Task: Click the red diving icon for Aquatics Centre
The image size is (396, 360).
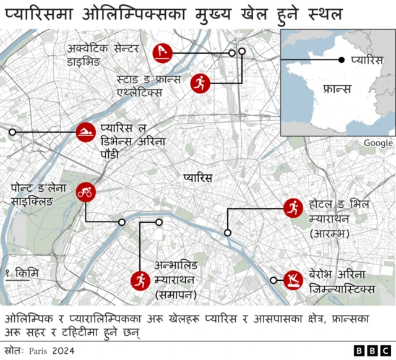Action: tap(161, 53)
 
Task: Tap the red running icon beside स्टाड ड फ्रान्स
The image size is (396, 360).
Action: tap(199, 82)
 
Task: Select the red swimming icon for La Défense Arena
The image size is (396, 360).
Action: tap(86, 132)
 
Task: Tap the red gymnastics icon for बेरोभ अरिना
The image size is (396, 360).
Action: tap(292, 280)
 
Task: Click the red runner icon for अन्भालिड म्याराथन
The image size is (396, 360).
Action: tap(140, 280)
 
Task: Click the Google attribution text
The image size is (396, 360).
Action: tap(377, 143)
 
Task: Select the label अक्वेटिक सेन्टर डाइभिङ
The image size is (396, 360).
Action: tap(103, 55)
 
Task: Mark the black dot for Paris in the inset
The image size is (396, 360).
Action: tap(341, 60)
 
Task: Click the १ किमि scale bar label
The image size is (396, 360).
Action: tap(21, 272)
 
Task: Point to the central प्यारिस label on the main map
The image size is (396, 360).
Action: tap(197, 178)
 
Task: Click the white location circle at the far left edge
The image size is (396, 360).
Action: tap(12, 132)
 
